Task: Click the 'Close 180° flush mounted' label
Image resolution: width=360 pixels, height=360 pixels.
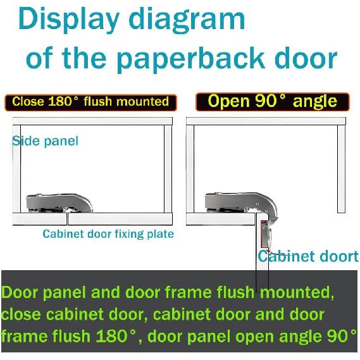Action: coord(90,102)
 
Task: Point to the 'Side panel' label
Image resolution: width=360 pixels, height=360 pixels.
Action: coord(46,140)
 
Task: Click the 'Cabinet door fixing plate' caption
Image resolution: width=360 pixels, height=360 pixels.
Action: coord(108,234)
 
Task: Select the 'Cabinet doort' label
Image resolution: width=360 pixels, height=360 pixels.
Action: coord(307,256)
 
